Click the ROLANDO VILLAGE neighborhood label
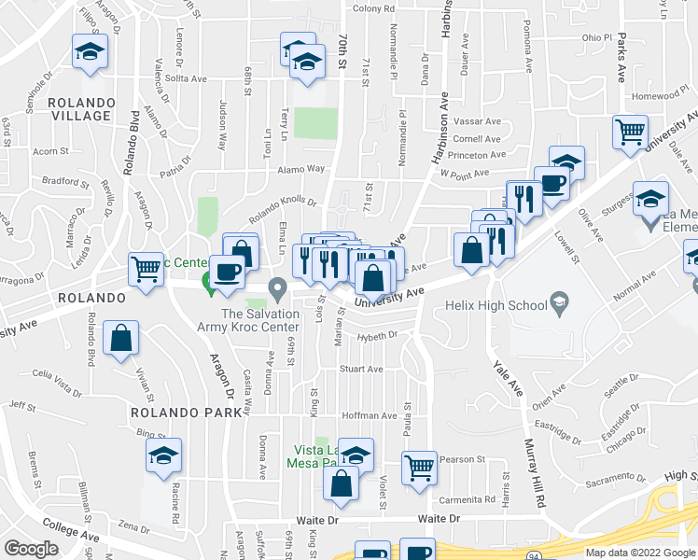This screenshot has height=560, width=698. coord(82,109)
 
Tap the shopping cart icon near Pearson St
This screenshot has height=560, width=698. coord(420,469)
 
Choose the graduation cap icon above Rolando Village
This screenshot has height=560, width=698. coord(90,51)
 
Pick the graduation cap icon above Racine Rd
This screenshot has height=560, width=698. coord(163,457)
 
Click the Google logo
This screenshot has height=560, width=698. coord(31,549)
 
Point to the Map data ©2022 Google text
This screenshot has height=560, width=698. coord(640,553)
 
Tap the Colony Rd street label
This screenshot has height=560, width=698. coord(373,8)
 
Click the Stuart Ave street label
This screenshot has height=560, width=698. coord(361,369)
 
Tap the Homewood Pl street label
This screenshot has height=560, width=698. coord(659,96)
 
